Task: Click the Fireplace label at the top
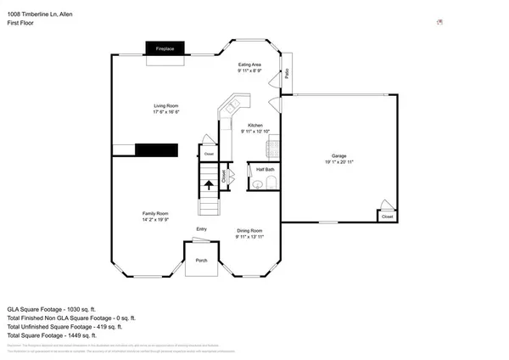(164, 49)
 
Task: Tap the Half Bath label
(264, 170)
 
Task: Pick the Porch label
(201, 261)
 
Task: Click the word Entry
(201, 229)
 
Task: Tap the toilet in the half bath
(271, 183)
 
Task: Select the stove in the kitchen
(273, 149)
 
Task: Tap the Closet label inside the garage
(387, 217)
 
